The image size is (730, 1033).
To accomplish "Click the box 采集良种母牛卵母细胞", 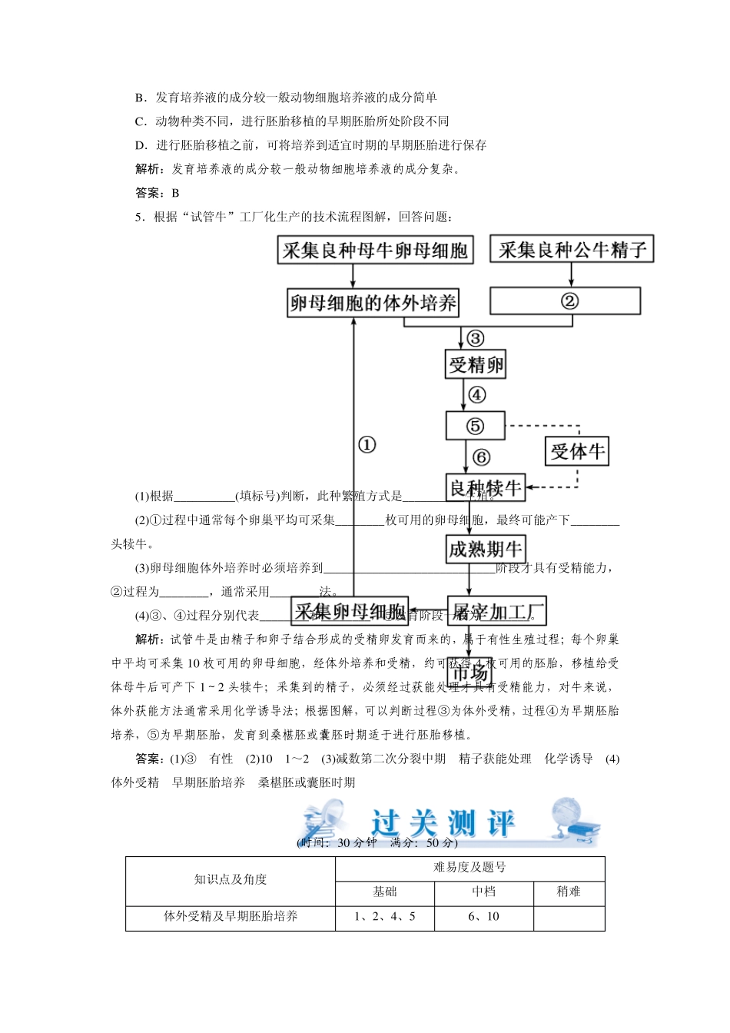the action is (x=375, y=251).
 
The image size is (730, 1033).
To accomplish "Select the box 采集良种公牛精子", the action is (x=572, y=249).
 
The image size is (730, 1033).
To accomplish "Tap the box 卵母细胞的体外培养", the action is (x=373, y=304).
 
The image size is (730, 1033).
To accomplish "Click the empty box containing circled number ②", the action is (x=566, y=301).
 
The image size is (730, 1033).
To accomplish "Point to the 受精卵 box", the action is (x=476, y=364).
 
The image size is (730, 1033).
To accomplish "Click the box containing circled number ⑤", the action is (x=475, y=426).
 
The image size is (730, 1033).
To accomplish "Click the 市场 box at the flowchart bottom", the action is (x=470, y=673).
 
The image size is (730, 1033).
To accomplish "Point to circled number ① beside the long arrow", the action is (x=367, y=445).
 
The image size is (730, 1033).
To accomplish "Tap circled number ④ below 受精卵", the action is (x=477, y=395).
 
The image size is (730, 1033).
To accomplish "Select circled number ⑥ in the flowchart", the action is (x=482, y=457).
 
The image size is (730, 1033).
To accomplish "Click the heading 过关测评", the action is (x=443, y=823).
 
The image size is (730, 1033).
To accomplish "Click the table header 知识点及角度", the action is (x=230, y=880).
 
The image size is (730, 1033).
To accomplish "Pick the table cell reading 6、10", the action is (x=483, y=917).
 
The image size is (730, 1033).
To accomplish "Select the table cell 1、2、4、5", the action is (x=384, y=917).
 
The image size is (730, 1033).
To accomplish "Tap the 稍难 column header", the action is (x=569, y=892).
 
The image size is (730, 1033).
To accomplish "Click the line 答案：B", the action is (x=158, y=193).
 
